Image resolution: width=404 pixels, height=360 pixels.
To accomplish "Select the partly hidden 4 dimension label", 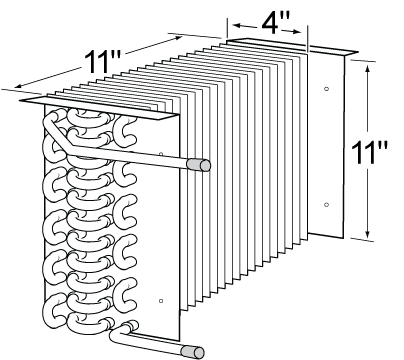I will [x=267, y=27].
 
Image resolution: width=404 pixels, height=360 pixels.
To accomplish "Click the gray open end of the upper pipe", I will [x=205, y=164].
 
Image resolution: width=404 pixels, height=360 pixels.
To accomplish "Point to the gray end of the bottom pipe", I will [x=198, y=352].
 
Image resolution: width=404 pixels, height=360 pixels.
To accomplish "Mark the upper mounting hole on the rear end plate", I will [x=327, y=90].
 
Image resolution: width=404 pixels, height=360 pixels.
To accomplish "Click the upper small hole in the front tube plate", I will [x=161, y=154].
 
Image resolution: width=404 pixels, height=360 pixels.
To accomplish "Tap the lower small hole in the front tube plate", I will [x=161, y=300].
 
